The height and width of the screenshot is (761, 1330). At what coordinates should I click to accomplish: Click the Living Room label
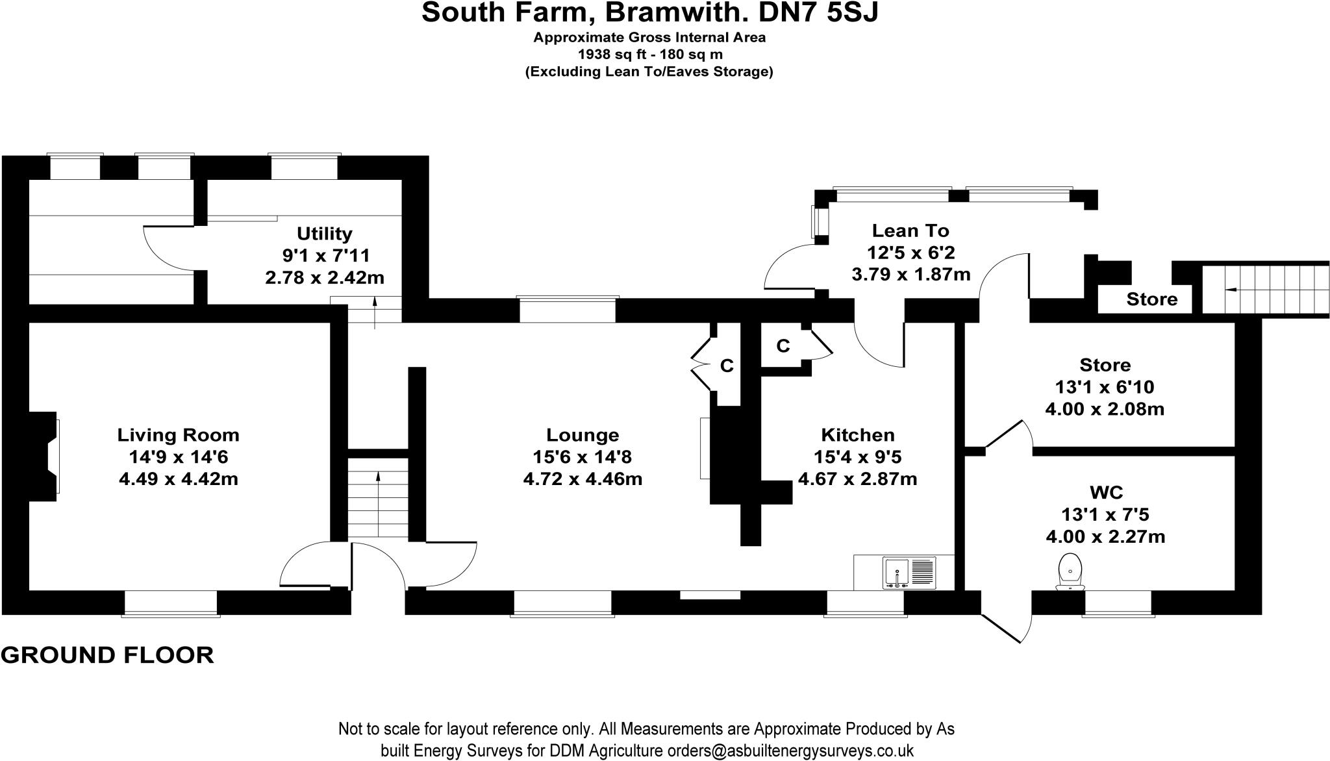coord(178,434)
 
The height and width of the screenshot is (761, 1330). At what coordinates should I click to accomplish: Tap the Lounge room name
coord(583,434)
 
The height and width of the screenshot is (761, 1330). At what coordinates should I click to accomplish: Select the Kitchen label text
coord(857,434)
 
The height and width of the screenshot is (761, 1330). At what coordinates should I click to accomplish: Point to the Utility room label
coord(324,233)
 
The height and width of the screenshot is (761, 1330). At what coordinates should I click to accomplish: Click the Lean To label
coord(910,231)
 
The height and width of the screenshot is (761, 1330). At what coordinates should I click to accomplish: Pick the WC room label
coord(1105,492)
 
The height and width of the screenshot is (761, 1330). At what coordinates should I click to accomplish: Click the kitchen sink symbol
coord(909,572)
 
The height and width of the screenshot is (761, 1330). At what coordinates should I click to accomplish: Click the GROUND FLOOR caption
coord(107,655)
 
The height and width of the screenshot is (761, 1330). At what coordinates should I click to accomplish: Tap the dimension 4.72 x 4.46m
coord(583,479)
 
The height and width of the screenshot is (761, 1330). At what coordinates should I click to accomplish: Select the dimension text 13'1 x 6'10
coord(1105,387)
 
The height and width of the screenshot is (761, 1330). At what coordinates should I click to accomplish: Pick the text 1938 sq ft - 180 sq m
coord(649,55)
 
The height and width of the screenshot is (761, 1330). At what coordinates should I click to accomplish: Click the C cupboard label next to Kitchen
coord(783,346)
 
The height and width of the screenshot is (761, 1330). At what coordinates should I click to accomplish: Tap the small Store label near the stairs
coord(1151,299)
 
